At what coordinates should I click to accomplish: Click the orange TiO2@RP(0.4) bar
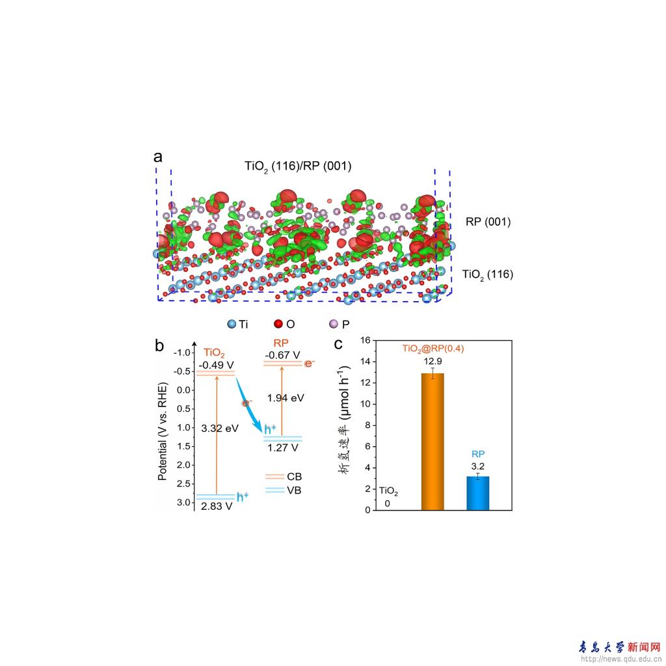pos(433,442)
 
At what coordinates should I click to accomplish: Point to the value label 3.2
pos(478,466)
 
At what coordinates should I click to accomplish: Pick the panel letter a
pos(158,157)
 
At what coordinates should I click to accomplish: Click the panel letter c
pos(338,345)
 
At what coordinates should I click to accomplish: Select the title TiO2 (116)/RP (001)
pos(298,166)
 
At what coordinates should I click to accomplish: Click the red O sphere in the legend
pos(278,323)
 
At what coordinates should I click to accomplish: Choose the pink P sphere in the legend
pos(334,323)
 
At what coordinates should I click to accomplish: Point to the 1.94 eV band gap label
pos(286,397)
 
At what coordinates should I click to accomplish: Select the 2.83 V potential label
pos(216,506)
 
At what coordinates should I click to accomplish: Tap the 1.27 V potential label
pos(282,447)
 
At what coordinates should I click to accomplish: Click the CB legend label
pos(294,477)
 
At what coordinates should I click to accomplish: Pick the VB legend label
pos(294,490)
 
